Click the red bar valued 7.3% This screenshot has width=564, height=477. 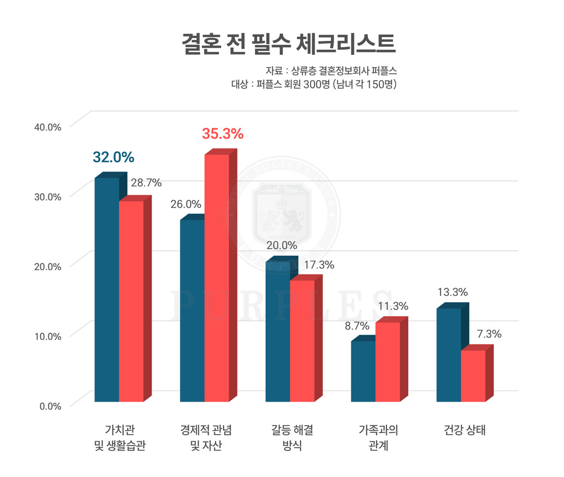(x=473, y=375)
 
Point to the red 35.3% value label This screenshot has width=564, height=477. (x=223, y=134)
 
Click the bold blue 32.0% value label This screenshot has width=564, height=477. (x=113, y=157)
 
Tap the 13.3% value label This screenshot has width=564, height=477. (x=452, y=292)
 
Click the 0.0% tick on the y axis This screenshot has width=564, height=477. (x=50, y=406)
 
